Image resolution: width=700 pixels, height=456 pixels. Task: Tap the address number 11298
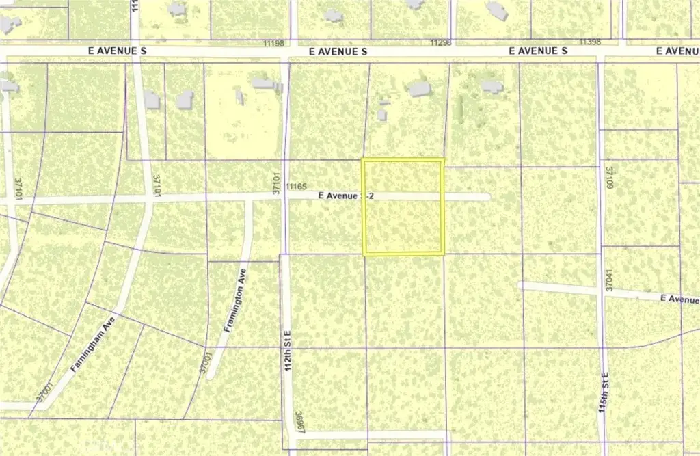click(442, 42)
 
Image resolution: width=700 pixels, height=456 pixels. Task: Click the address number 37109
click(608, 177)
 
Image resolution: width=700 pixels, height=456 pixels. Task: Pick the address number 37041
click(608, 280)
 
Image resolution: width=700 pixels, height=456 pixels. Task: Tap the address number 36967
click(299, 421)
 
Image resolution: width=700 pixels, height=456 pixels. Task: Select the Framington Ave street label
click(234, 304)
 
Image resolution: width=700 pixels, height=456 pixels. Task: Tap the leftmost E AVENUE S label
click(118, 51)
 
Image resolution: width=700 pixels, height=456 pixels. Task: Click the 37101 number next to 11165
click(278, 183)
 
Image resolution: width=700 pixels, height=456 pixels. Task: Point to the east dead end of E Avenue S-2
click(487, 197)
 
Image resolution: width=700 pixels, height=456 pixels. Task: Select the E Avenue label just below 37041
click(679, 299)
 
